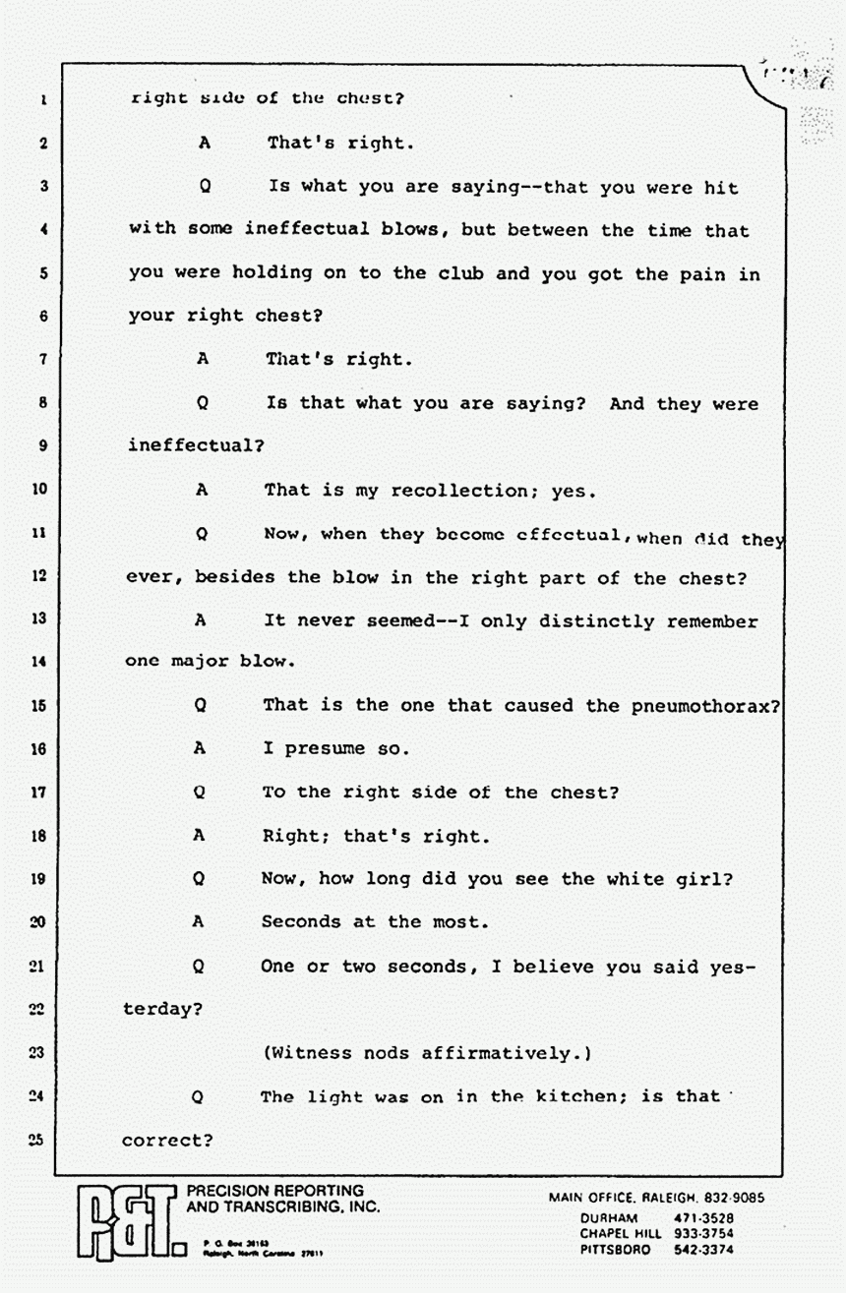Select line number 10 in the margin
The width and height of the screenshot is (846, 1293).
tap(39, 489)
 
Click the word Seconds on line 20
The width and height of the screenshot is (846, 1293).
tap(301, 922)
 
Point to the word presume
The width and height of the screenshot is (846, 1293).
tap(326, 749)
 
